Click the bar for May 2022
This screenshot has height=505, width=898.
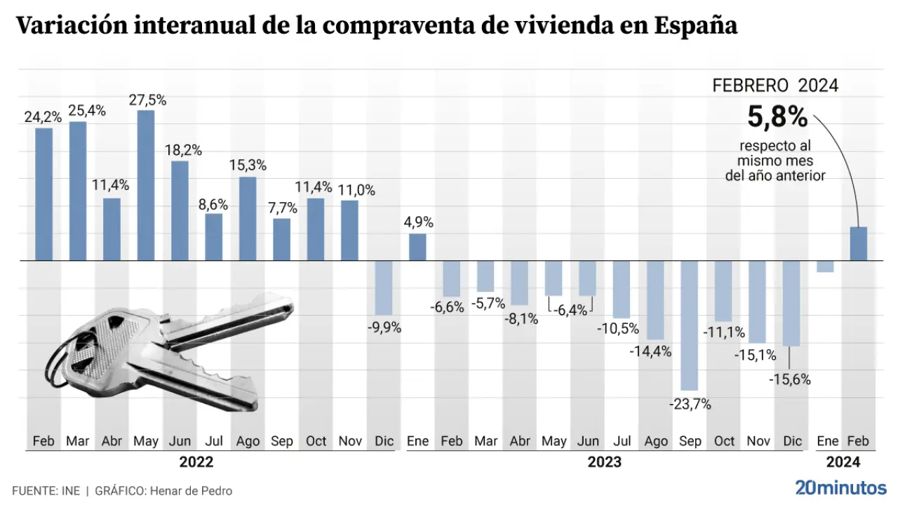(x=146, y=185)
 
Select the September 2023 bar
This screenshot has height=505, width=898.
(x=690, y=325)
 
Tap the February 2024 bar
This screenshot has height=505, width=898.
(x=859, y=244)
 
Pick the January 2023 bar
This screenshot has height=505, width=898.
(x=417, y=247)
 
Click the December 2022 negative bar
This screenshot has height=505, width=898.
(x=384, y=288)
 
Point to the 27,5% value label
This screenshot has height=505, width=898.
(x=147, y=100)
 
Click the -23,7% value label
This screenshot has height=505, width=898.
(x=690, y=404)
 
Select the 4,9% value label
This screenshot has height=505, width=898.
(x=418, y=222)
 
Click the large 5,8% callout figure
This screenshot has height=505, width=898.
(x=777, y=118)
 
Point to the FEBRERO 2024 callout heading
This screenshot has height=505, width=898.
(x=775, y=86)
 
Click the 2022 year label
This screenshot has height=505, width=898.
(x=196, y=462)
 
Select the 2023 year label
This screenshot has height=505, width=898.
(x=604, y=462)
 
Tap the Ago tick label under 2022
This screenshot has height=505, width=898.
(x=248, y=441)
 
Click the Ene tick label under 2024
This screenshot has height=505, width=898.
(x=827, y=441)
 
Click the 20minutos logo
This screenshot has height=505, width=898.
(x=840, y=487)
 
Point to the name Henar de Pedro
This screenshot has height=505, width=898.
(x=190, y=491)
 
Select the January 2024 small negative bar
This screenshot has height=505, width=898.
(x=825, y=267)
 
